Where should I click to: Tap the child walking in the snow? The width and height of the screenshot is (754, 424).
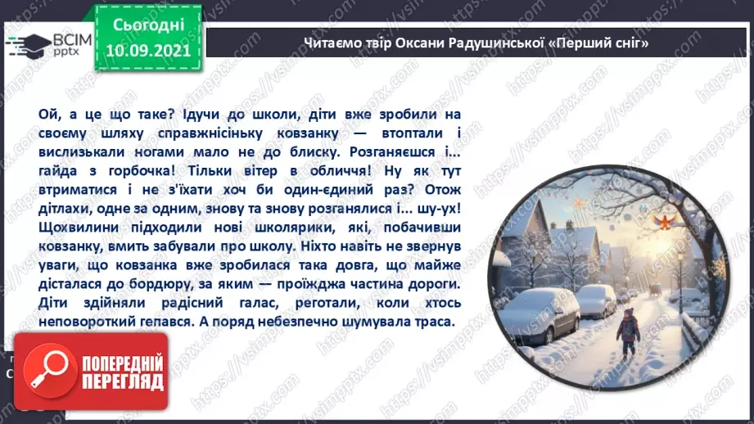click(628, 327)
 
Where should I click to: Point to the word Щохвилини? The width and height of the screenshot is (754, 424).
click(69, 228)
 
